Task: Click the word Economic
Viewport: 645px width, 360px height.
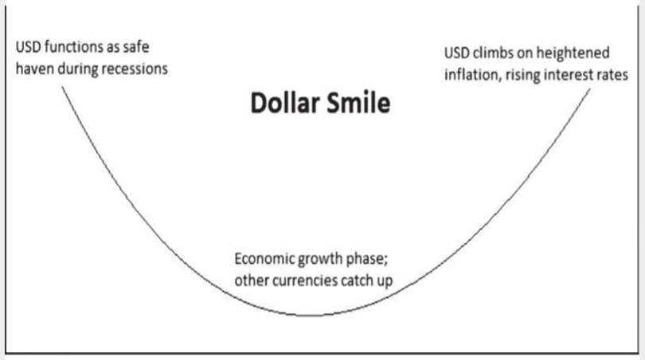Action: point(263,260)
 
